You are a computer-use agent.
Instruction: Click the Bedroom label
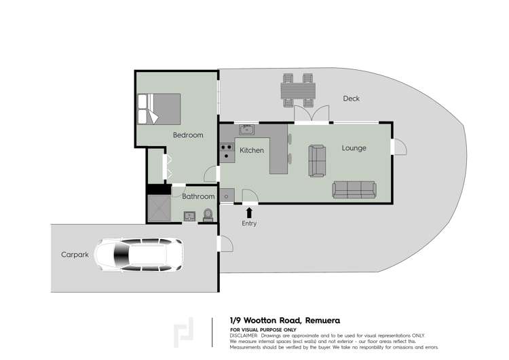click(188, 135)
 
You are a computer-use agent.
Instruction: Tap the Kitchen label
click(252, 150)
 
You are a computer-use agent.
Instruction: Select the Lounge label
click(354, 148)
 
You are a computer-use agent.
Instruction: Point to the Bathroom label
click(198, 196)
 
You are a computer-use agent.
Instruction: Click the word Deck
click(351, 98)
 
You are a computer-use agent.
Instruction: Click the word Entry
click(249, 223)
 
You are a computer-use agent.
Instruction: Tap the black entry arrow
click(249, 213)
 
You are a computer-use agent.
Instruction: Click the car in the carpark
click(138, 255)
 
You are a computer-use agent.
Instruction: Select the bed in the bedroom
click(159, 109)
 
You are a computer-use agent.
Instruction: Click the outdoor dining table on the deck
click(299, 90)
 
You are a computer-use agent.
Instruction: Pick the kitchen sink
click(246, 129)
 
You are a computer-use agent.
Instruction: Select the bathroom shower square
click(159, 209)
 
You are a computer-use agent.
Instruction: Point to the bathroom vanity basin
click(189, 217)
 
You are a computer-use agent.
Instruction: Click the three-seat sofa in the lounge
click(354, 190)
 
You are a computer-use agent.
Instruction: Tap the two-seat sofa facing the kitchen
click(317, 160)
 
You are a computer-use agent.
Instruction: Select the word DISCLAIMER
click(246, 336)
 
